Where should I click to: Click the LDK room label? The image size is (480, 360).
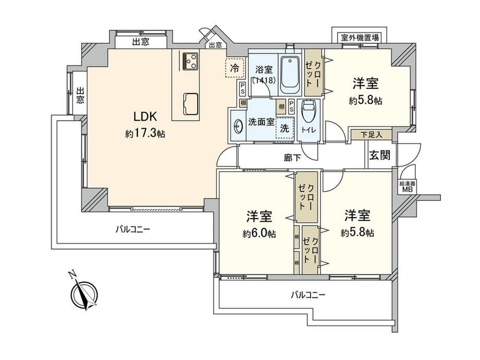coord(145,117)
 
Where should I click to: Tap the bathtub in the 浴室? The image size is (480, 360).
coord(290,75)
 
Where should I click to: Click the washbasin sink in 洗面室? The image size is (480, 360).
coord(238,126)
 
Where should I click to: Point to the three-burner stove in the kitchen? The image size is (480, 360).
coord(190,61)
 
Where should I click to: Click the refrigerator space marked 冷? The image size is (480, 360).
coord(235,68)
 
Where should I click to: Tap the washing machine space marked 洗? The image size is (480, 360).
coord(285,128)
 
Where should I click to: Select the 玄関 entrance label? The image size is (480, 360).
coord(380,155)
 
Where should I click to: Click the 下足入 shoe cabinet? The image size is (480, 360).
coord(371,135)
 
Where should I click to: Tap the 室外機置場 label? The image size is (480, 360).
coord(359,38)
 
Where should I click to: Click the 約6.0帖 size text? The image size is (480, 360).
coord(259,234)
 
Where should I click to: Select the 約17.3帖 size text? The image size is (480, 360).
coord(145,134)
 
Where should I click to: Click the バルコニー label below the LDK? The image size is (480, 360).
coord(133,229)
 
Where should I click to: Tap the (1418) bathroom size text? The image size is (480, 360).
coord(264,80)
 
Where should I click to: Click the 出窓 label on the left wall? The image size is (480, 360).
coord(80,95)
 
